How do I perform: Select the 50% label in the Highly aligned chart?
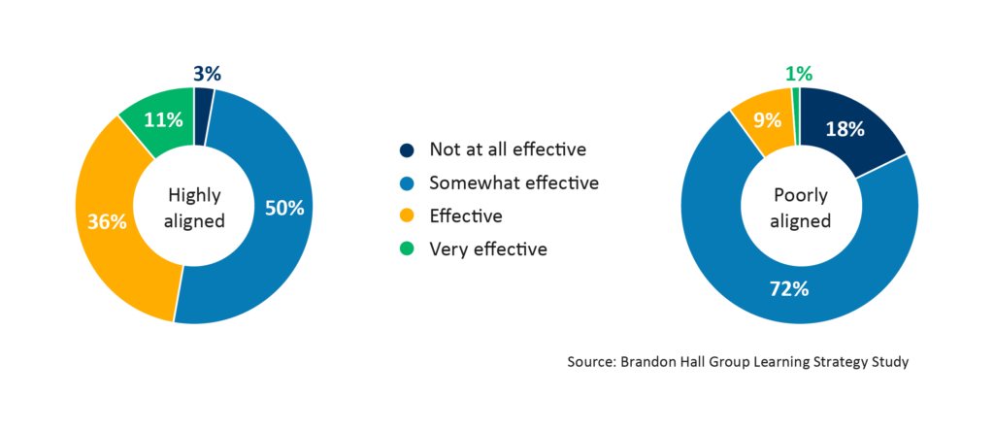click(284, 207)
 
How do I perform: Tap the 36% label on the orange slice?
click(107, 221)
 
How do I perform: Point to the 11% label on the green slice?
click(163, 120)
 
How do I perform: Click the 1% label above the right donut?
click(799, 74)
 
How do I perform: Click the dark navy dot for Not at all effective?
click(406, 149)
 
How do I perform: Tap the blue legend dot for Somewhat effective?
click(406, 182)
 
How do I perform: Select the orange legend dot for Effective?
click(406, 215)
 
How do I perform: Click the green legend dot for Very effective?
click(406, 248)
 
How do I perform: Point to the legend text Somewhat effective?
click(514, 182)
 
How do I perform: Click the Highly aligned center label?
click(194, 207)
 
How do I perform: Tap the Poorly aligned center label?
click(800, 207)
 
